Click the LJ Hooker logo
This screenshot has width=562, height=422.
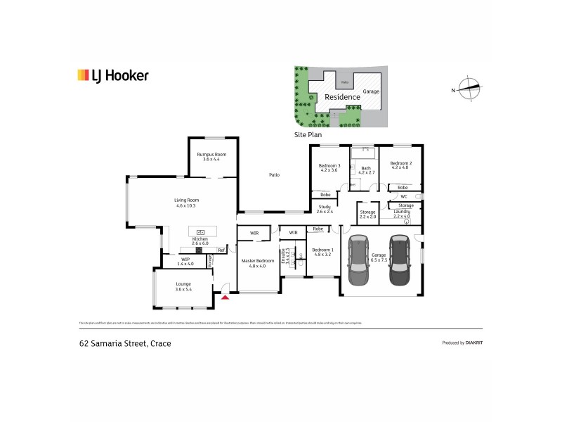pyautogui.click(x=112, y=75)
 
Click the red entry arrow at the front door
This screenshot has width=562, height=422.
pyautogui.click(x=225, y=298)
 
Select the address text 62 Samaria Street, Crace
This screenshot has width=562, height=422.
pyautogui.click(x=125, y=343)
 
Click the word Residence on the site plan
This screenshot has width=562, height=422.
pyautogui.click(x=342, y=97)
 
